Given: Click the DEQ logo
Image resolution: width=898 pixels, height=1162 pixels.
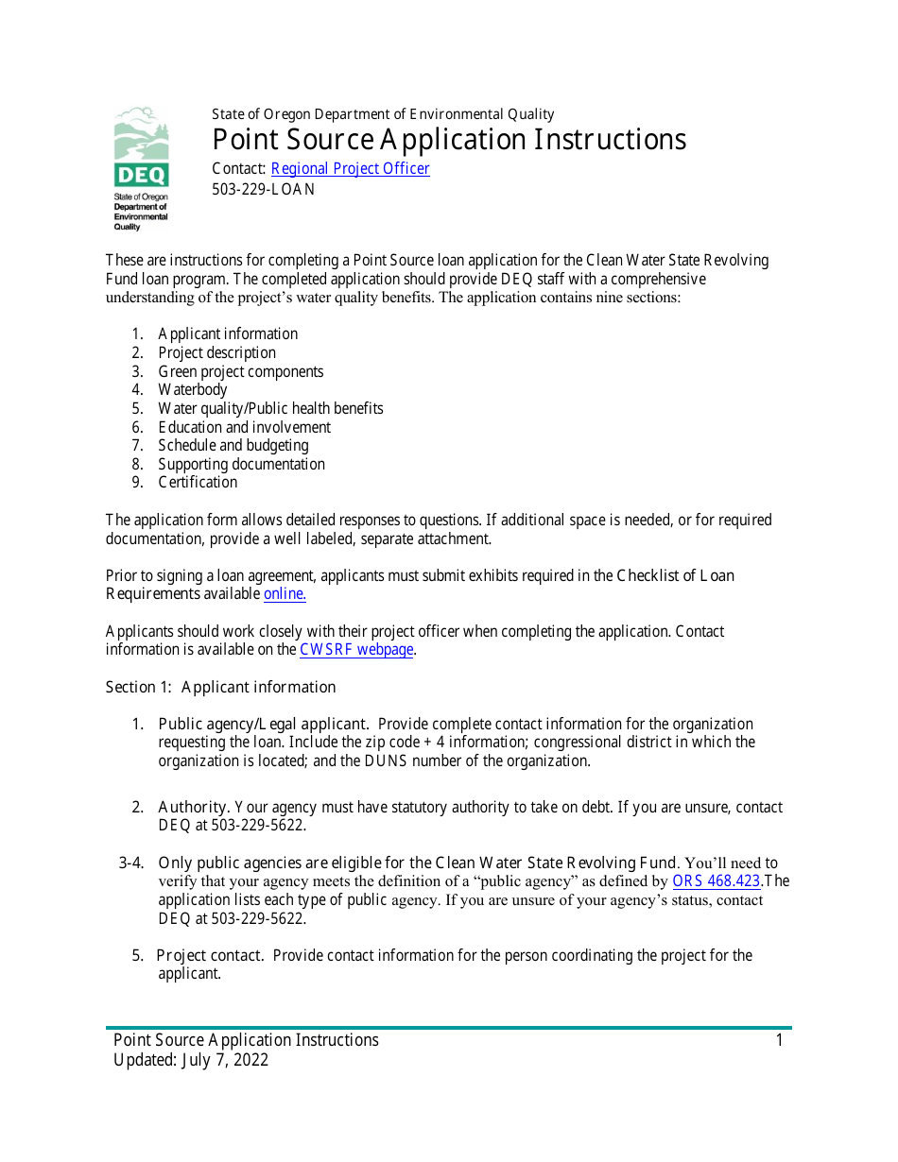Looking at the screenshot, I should [x=142, y=167].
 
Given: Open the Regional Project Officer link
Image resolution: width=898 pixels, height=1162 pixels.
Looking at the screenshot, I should [x=350, y=169].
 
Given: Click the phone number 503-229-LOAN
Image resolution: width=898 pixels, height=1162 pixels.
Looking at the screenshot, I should [x=263, y=189].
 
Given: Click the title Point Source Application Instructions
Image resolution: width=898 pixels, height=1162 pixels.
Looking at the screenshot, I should [x=449, y=140].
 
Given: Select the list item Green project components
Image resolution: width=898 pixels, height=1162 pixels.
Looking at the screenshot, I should [x=240, y=372].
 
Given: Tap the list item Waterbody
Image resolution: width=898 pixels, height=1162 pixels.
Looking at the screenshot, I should [x=193, y=390].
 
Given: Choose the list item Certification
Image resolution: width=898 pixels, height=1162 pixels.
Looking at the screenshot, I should [x=198, y=483].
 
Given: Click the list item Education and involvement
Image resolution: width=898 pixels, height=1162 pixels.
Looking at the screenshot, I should [x=244, y=427].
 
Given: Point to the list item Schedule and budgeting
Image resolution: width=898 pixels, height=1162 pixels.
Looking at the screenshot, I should [x=233, y=446].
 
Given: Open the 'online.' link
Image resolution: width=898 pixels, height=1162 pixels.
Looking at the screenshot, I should [x=285, y=594].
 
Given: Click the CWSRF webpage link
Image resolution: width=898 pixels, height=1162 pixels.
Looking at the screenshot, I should [x=356, y=650].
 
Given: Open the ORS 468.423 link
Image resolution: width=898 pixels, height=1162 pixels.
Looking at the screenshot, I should [x=716, y=881].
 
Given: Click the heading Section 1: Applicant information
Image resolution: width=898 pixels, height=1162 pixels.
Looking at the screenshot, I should [x=220, y=687].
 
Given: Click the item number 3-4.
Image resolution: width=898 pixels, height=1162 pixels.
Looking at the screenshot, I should [x=131, y=863].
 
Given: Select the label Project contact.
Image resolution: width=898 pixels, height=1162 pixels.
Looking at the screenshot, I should [x=209, y=955].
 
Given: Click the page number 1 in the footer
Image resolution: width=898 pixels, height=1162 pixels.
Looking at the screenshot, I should [x=779, y=1040].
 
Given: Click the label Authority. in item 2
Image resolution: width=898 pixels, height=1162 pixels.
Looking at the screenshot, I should [x=193, y=808].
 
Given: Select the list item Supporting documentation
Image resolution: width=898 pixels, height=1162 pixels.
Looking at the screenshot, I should [x=241, y=465].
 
